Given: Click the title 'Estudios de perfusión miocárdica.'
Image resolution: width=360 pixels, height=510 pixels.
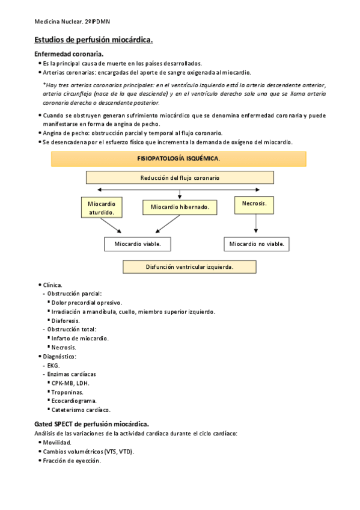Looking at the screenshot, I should click(x=93, y=40).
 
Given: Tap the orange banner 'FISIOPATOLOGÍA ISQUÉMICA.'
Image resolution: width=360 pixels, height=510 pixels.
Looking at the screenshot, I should click(x=178, y=159).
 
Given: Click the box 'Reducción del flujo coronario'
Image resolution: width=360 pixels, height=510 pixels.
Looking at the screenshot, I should click(x=180, y=177).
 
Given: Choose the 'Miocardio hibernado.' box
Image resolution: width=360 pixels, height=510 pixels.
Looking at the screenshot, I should click(x=179, y=207).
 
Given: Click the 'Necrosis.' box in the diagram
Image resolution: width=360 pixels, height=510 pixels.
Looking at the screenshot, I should click(x=254, y=204).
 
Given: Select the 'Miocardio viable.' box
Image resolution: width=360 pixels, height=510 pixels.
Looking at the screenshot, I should click(x=137, y=244).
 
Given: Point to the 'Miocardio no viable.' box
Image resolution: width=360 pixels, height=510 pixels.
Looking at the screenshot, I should click(x=257, y=244).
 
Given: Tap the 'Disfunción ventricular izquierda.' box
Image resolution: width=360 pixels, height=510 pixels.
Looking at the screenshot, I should click(x=189, y=266).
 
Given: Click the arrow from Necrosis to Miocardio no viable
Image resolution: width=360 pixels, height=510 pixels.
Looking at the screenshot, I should click(x=257, y=224).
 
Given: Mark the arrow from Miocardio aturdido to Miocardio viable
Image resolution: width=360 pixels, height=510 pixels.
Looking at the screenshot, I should click(x=112, y=226).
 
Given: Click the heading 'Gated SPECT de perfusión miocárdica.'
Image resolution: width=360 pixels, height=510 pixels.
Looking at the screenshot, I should click(x=91, y=424).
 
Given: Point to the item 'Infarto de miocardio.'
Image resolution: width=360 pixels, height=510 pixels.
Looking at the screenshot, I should click(x=80, y=339).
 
